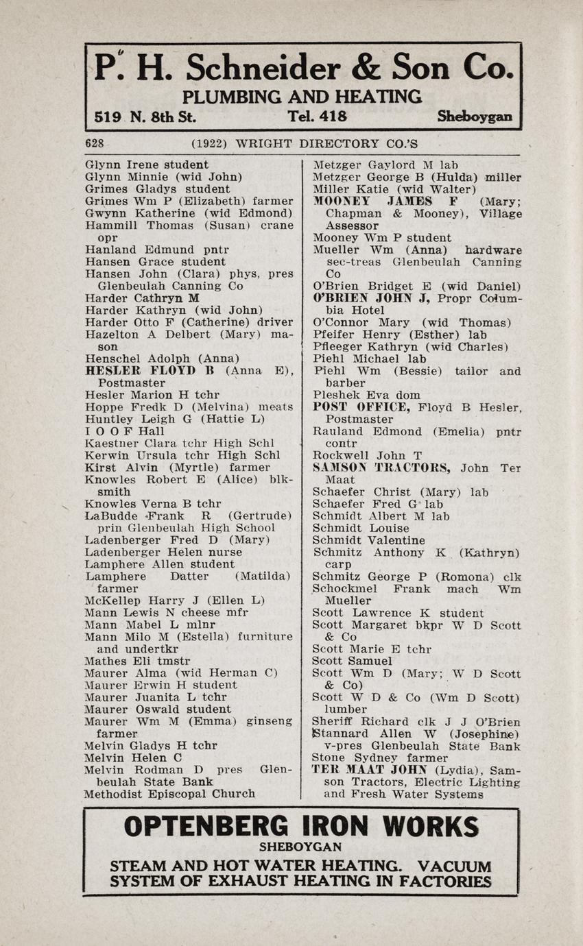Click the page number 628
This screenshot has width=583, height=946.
coord(94,143)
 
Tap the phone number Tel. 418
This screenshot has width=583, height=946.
coord(318,117)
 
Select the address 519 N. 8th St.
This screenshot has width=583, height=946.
coord(145,117)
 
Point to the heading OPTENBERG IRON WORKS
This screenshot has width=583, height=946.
coord(301,827)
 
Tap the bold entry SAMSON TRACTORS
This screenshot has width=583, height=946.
coord(381,468)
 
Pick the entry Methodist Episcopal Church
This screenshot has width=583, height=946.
coord(169,794)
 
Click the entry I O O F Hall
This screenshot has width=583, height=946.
coord(125,431)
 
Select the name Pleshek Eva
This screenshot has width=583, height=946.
coord(348,396)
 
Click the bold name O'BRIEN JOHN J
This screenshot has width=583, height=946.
coord(371,298)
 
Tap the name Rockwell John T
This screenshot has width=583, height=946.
coord(367,456)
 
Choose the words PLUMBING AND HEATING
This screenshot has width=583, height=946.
coord(302,96)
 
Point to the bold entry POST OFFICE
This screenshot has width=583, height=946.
coord(361,407)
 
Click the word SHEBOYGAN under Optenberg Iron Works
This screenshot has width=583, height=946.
coord(300,847)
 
